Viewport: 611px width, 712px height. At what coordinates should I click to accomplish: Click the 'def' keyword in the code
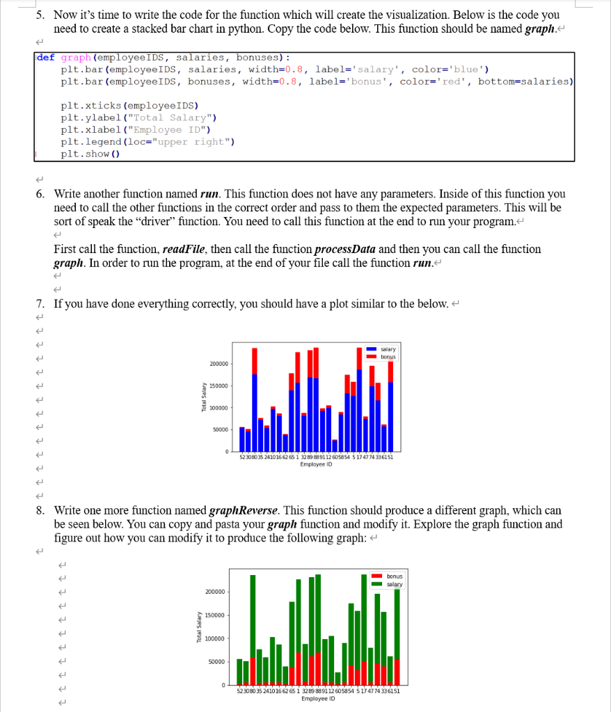coord(46,58)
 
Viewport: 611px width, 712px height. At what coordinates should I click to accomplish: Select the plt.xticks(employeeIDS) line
coord(129,106)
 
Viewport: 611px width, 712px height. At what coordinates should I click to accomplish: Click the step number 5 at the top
coord(40,15)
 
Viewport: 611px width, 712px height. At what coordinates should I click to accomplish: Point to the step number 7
coord(40,305)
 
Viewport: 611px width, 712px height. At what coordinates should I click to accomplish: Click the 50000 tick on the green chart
coord(216,661)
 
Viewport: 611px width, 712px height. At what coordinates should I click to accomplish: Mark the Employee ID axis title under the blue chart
coord(317,464)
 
